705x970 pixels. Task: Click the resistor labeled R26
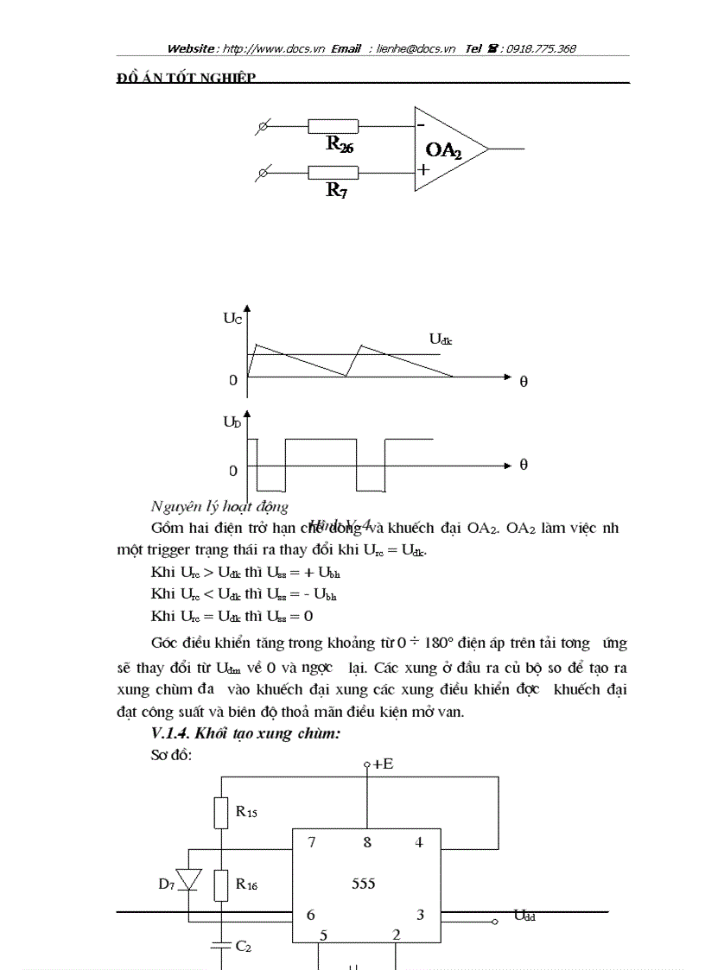pyautogui.click(x=333, y=126)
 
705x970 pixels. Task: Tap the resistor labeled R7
pyautogui.click(x=333, y=173)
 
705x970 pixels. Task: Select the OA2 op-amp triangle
pyautogui.click(x=448, y=149)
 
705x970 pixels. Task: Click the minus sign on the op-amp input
pyautogui.click(x=421, y=124)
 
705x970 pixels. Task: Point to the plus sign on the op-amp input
pyautogui.click(x=422, y=170)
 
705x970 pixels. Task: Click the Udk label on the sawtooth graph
pyautogui.click(x=441, y=339)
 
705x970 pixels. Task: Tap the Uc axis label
pyautogui.click(x=232, y=318)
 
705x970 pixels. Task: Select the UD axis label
pyautogui.click(x=232, y=422)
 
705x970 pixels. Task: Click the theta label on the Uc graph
pyautogui.click(x=524, y=382)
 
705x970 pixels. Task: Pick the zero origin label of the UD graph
pyautogui.click(x=233, y=471)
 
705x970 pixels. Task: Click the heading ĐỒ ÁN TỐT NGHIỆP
pyautogui.click(x=186, y=79)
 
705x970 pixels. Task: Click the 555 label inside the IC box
pyautogui.click(x=364, y=884)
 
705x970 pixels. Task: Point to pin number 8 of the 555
pyautogui.click(x=367, y=842)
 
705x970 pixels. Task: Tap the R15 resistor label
pyautogui.click(x=246, y=812)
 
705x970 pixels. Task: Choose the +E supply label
pyautogui.click(x=378, y=764)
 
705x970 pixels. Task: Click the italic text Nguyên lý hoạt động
pyautogui.click(x=219, y=507)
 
